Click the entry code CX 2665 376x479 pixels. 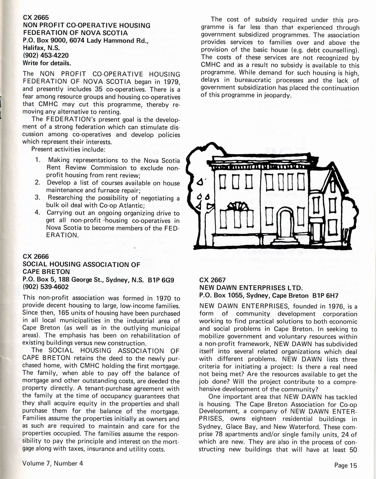click(x=36, y=18)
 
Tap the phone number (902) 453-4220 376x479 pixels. click(x=46, y=55)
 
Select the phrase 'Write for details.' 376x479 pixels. click(x=47, y=63)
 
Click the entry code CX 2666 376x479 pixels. click(x=36, y=257)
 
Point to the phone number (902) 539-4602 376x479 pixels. click(x=46, y=287)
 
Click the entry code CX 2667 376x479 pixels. click(x=212, y=280)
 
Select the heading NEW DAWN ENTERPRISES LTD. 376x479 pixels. click(x=251, y=288)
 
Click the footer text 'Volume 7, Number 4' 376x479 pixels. click(x=52, y=463)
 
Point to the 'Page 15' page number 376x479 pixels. click(x=346, y=465)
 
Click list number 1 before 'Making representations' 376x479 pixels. click(x=38, y=160)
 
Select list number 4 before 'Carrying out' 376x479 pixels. click(x=38, y=213)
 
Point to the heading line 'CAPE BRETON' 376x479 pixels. click(x=46, y=272)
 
